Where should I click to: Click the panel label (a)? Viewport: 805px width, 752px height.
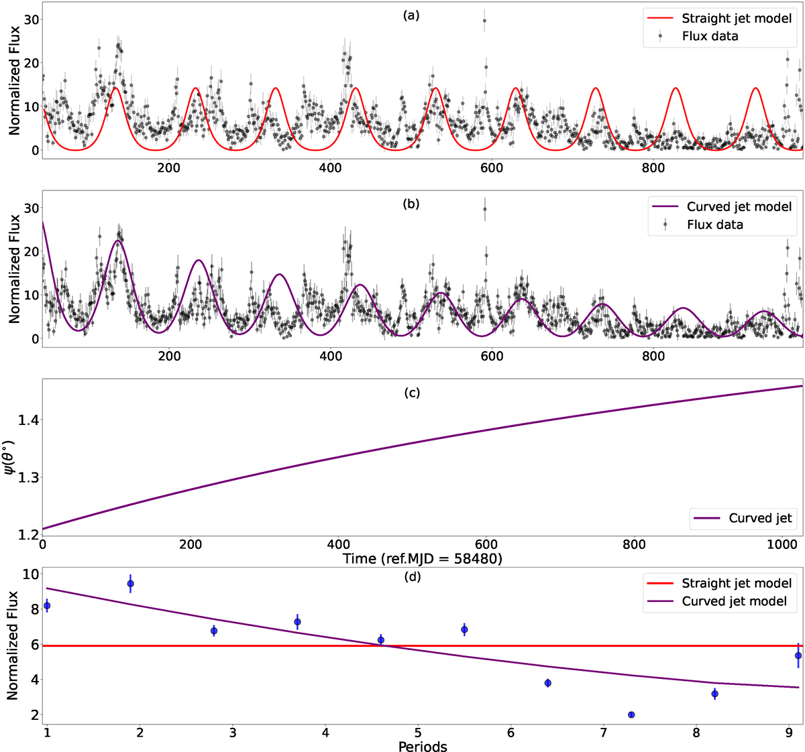411,15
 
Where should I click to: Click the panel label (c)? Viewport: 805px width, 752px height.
411,392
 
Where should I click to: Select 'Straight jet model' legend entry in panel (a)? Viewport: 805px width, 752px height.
737,18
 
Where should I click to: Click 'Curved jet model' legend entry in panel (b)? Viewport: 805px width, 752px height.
739,206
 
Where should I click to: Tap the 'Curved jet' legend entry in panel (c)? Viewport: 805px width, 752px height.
760,518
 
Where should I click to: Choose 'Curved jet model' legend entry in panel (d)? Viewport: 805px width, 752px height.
734,601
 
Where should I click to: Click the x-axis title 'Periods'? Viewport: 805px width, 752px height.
423,746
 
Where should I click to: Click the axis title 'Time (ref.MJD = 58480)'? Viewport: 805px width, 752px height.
423,558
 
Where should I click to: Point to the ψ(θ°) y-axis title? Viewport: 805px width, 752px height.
11,458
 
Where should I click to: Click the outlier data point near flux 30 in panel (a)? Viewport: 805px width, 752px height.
484,20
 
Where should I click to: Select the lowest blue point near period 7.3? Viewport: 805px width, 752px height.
631,714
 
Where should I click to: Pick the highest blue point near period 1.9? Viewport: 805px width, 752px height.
130,584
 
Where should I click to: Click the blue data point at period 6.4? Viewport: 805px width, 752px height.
548,683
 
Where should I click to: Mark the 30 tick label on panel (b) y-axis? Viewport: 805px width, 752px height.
30,208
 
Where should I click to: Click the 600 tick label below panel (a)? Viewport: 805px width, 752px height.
492,168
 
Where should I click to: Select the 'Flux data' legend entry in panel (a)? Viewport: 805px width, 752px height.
710,36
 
